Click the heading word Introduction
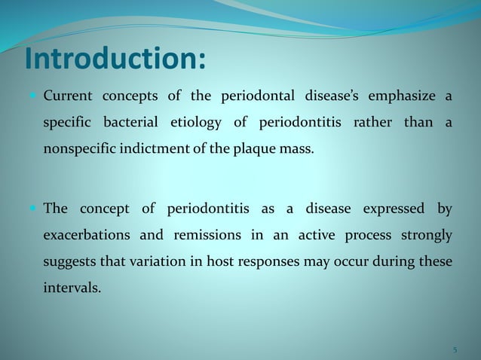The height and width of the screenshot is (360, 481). pos(114,59)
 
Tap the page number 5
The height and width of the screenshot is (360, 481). pos(455,349)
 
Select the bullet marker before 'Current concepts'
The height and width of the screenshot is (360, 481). pos(34,96)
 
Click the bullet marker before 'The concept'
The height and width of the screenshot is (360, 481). pos(34,209)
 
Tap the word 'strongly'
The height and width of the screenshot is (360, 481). pos(427,235)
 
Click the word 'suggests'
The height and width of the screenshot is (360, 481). pos(68,261)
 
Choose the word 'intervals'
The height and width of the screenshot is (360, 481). pos(71,287)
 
